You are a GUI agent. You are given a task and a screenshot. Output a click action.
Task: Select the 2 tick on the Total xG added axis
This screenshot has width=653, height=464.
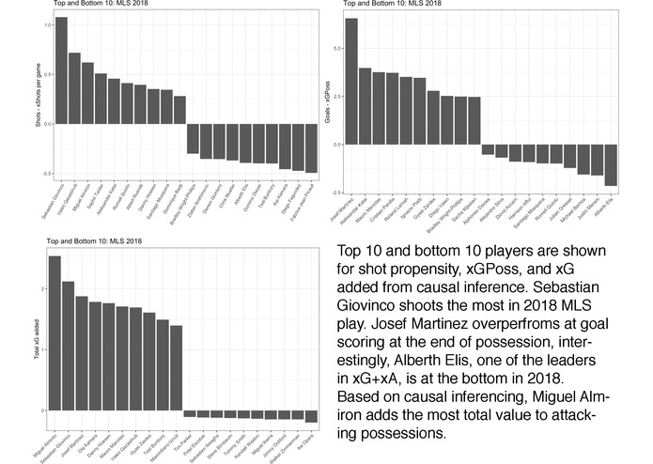click(42, 288)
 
